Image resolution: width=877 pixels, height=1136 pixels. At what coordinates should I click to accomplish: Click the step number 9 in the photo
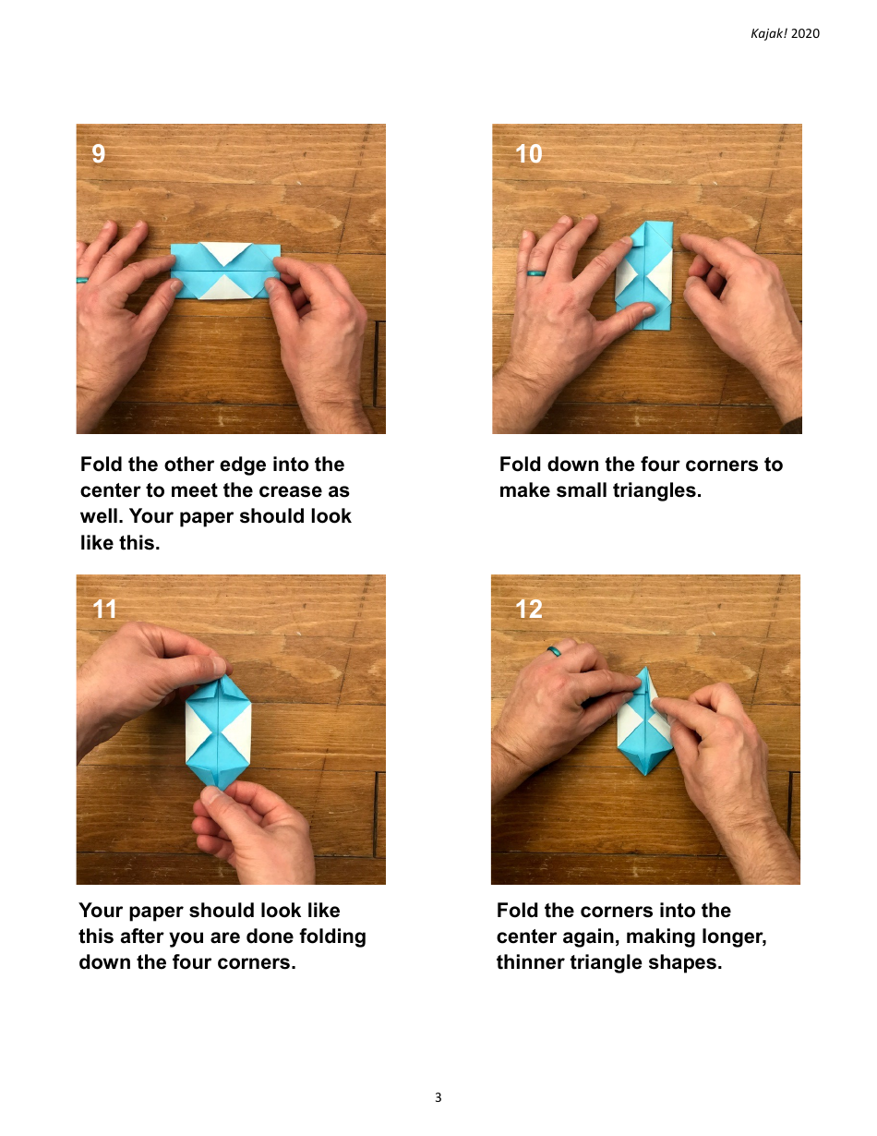coord(99,153)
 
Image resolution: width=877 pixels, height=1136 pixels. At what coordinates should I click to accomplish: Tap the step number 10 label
coord(529,154)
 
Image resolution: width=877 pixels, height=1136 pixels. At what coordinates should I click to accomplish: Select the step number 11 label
coord(105,609)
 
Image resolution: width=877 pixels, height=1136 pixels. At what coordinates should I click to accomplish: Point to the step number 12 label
coord(529,609)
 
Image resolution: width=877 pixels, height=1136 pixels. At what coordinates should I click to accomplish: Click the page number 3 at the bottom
coord(438,1098)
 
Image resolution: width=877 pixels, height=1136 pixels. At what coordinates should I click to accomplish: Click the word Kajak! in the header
coord(768,33)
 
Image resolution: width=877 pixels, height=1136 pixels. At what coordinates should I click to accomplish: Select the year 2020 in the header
coord(805,33)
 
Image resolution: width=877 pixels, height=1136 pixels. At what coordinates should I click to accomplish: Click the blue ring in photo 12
coord(555,651)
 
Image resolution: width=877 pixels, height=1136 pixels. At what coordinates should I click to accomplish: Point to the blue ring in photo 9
coord(81,279)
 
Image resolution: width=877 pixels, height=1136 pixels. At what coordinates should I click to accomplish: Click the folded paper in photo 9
coord(226,272)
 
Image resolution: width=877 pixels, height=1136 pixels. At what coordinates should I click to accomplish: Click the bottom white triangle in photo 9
coord(226,290)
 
